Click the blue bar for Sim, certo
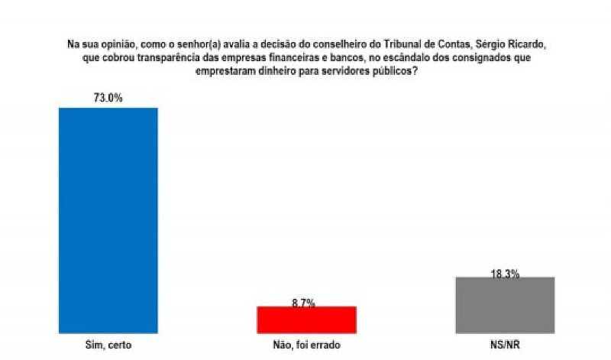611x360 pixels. tap(108, 220)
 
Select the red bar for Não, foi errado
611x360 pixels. tap(306, 319)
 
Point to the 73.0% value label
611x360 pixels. tap(108, 98)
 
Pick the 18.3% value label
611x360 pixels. tap(504, 273)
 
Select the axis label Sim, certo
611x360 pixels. tap(108, 345)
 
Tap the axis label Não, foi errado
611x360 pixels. tap(306, 345)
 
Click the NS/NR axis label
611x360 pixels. tap(504, 345)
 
